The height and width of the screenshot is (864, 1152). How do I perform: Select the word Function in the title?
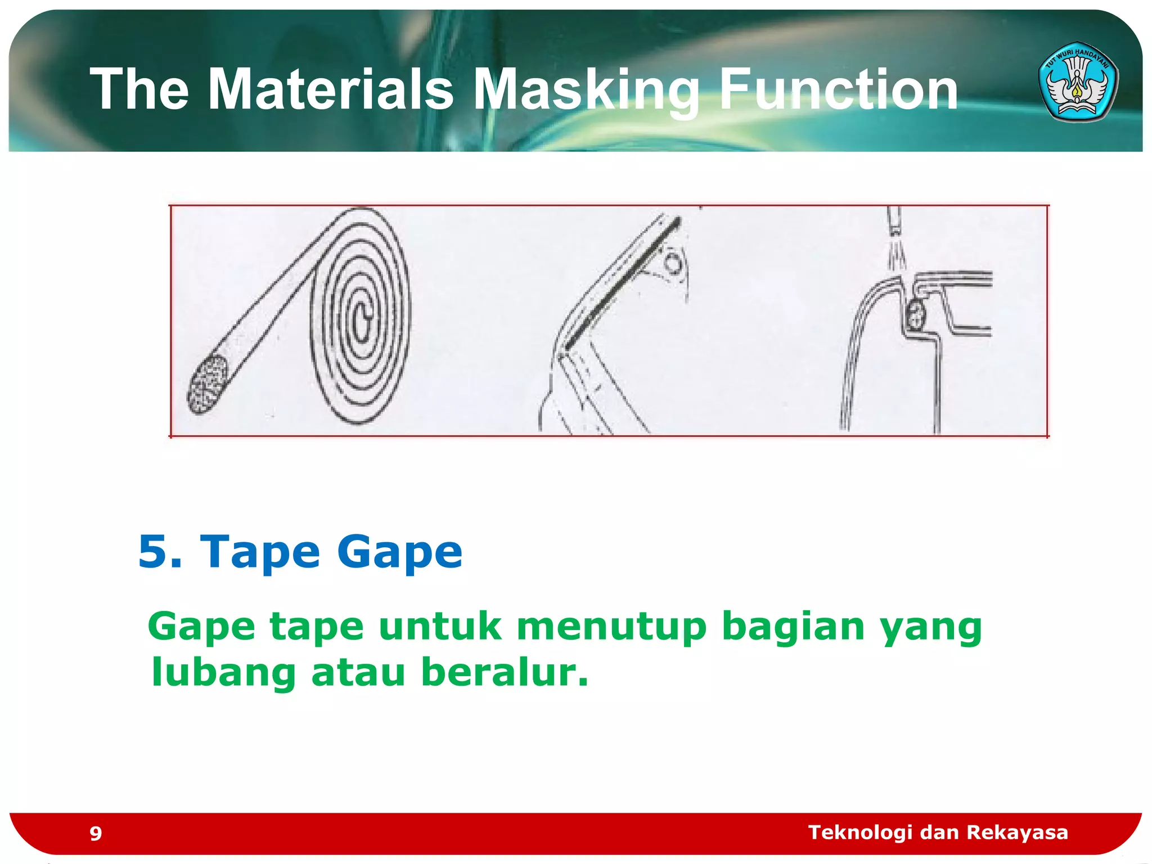click(x=838, y=89)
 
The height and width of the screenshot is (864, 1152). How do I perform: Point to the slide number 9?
click(x=96, y=833)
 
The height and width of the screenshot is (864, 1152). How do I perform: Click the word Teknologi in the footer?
click(x=860, y=832)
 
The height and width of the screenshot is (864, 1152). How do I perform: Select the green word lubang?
click(x=223, y=673)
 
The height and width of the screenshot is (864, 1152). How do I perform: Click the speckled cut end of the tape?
click(x=207, y=385)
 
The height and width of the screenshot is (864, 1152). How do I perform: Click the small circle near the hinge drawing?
click(x=673, y=263)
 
